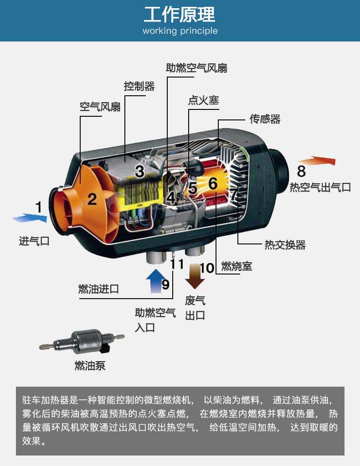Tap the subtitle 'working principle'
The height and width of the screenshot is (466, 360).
click(180, 31)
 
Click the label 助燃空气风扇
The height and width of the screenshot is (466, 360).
click(196, 68)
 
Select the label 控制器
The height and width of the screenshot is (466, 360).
click(139, 86)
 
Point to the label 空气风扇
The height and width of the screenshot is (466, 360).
click(100, 107)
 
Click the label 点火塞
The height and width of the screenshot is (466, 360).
click(204, 100)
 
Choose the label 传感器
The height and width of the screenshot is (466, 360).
click(265, 119)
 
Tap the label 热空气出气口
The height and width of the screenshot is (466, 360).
click(320, 186)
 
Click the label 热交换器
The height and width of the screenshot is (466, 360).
click(285, 245)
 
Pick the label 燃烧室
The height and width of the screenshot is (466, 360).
click(237, 265)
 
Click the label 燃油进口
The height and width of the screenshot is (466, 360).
click(98, 289)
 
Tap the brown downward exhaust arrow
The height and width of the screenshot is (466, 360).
click(195, 276)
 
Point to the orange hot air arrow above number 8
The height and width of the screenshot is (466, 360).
click(317, 161)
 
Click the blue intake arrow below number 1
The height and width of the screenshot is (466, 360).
click(30, 218)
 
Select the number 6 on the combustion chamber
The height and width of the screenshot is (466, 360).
click(213, 183)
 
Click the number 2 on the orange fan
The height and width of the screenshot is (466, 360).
click(92, 199)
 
